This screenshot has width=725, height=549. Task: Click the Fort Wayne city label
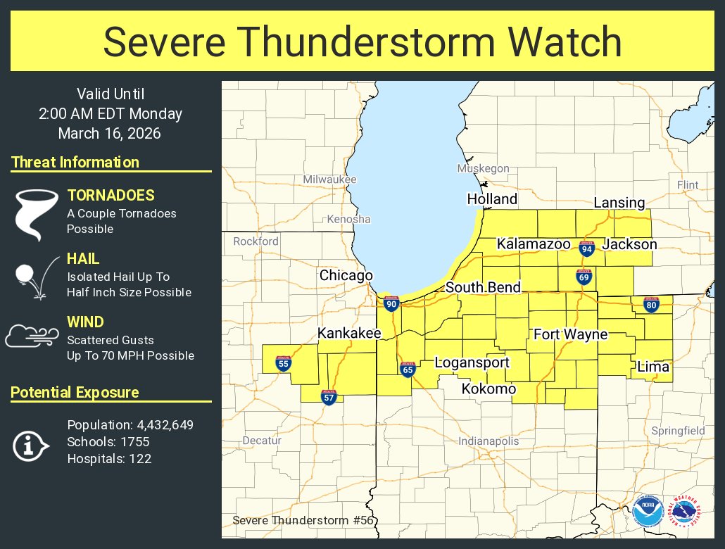tap(570, 334)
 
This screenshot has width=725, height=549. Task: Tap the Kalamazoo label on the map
tap(533, 244)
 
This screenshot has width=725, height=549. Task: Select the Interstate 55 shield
tap(283, 363)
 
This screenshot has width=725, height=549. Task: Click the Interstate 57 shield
tap(328, 397)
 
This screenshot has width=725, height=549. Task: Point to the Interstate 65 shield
tap(408, 370)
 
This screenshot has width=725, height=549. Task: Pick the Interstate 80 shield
tap(651, 305)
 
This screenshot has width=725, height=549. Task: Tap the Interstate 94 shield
tap(586, 248)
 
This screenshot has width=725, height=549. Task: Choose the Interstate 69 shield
tap(584, 277)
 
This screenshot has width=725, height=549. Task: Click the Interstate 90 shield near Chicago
tap(391, 303)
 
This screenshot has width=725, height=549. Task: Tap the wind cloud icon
tap(32, 336)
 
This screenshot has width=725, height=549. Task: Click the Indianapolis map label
tap(488, 441)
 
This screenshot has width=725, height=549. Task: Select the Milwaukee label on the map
tap(329, 179)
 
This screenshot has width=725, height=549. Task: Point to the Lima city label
tap(653, 367)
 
